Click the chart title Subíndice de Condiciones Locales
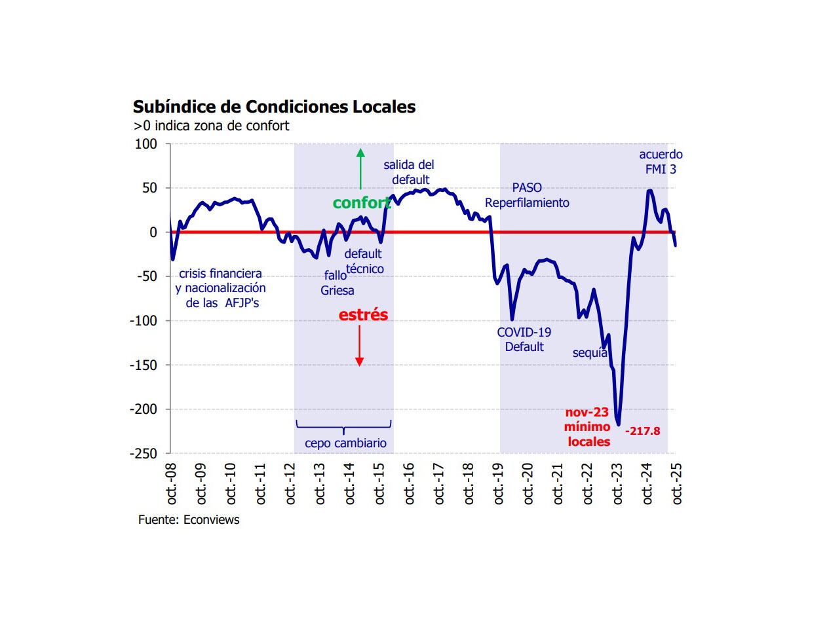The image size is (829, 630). (274, 107)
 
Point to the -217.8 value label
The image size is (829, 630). (642, 431)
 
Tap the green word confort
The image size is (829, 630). (360, 203)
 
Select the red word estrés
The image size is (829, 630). (363, 315)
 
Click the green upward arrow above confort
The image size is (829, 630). (360, 169)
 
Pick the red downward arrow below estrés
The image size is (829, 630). (359, 346)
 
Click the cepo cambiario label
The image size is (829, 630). (345, 443)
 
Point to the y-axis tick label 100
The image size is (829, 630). (145, 144)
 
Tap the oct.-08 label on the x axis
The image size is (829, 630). (172, 484)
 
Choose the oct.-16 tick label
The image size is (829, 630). (410, 484)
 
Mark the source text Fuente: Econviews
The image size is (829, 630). (189, 520)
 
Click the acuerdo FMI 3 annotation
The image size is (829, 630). (661, 162)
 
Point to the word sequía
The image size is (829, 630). (590, 353)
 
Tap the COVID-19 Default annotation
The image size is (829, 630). (524, 339)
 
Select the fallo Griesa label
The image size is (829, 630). (337, 283)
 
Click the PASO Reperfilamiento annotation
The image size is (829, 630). (527, 195)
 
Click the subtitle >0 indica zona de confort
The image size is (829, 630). (211, 126)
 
